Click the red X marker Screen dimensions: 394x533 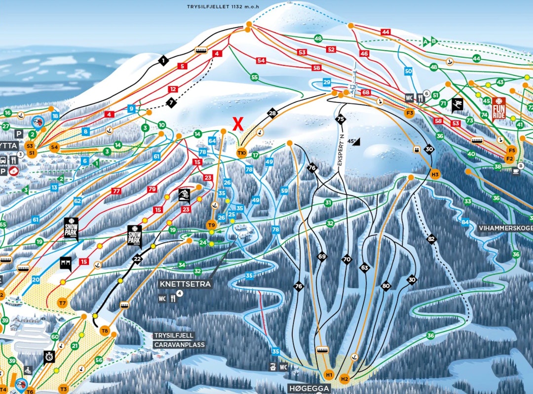tap(238, 124)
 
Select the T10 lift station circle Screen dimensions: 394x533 tap(242, 153)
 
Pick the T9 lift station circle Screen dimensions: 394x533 tap(211, 225)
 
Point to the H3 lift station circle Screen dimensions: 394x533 tap(435, 174)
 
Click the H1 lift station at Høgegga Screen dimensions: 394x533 tap(329, 374)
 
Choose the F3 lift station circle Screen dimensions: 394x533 tap(409, 113)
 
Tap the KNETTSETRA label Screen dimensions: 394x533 tap(185, 284)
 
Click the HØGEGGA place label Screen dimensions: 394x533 tap(308, 389)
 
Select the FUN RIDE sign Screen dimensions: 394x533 tap(499, 109)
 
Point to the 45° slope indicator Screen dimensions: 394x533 tap(354, 141)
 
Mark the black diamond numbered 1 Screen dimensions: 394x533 tap(163, 61)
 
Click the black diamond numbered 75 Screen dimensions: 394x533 tap(340, 119)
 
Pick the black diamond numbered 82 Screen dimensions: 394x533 tap(432, 239)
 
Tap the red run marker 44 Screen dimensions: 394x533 tap(386, 32)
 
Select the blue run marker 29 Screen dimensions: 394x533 tap(327, 82)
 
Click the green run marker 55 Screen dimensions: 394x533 tap(254, 77)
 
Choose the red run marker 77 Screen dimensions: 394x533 tap(116, 191)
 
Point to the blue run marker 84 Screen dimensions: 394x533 tap(465, 222)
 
